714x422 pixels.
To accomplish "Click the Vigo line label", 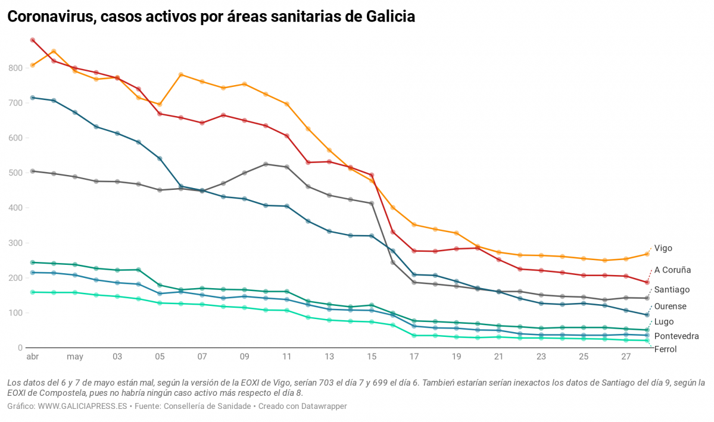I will pos(663,248).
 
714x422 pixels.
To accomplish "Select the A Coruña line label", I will pos(672,270).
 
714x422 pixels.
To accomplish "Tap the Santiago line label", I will pos(672,289).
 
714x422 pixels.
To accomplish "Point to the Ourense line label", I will pos(670,306).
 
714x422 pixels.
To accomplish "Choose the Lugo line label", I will pos(664,321).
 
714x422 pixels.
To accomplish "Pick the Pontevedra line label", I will pos(676,336).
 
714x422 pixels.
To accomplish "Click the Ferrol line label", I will pos(665,349).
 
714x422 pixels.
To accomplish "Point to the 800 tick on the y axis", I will pos(15,68).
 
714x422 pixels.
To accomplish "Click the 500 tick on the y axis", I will pos(15,173).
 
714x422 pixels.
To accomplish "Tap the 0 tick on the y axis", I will pos(20,348).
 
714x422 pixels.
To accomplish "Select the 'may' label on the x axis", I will pos(75,357).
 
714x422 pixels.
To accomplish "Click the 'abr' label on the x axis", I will pos(32,357).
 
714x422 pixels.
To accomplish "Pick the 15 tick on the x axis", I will pos(372,357).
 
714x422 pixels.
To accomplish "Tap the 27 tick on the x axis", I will pos(626,357).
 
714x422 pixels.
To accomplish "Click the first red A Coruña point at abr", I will pos(33,40).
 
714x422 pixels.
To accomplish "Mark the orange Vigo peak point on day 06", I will pos(181,75).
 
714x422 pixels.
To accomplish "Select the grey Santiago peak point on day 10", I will pos(266,164).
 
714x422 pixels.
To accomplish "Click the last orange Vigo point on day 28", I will pos(647,254).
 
